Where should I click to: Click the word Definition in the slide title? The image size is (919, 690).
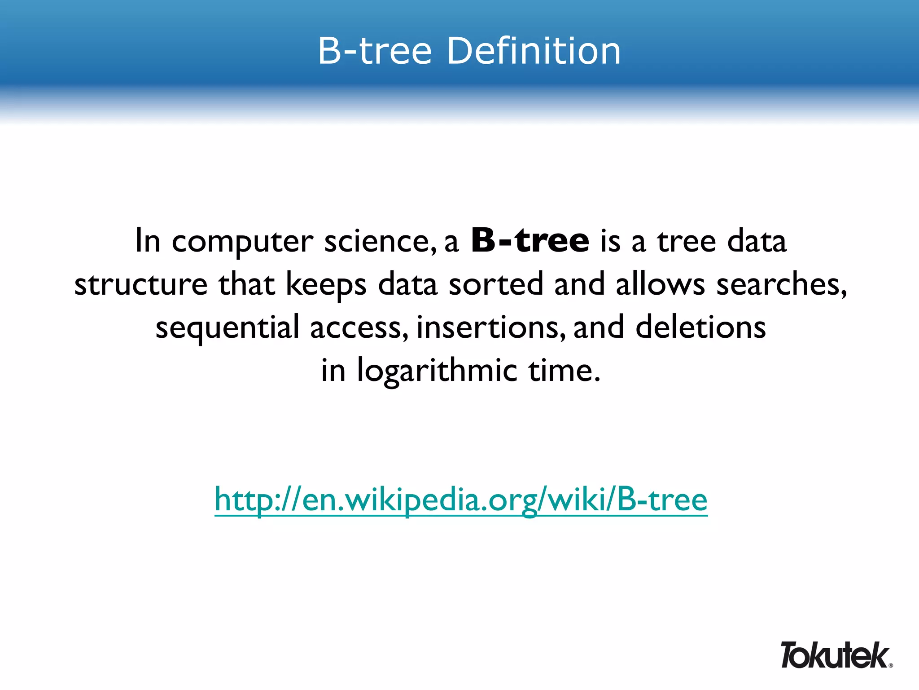coord(534,51)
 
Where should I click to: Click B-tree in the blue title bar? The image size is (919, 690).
coord(375,51)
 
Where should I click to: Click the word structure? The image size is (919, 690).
coord(141,285)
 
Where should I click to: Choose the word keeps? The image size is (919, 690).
coord(326,285)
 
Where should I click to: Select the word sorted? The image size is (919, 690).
coord(496,284)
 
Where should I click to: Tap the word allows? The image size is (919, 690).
coord(660,284)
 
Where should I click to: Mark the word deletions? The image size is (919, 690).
coord(700,327)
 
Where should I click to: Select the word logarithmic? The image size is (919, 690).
coord(437,371)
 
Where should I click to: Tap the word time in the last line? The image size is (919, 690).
coord(563,371)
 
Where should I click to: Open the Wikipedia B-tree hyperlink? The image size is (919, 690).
coord(461,500)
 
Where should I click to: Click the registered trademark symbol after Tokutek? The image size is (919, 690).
coord(890,665)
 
